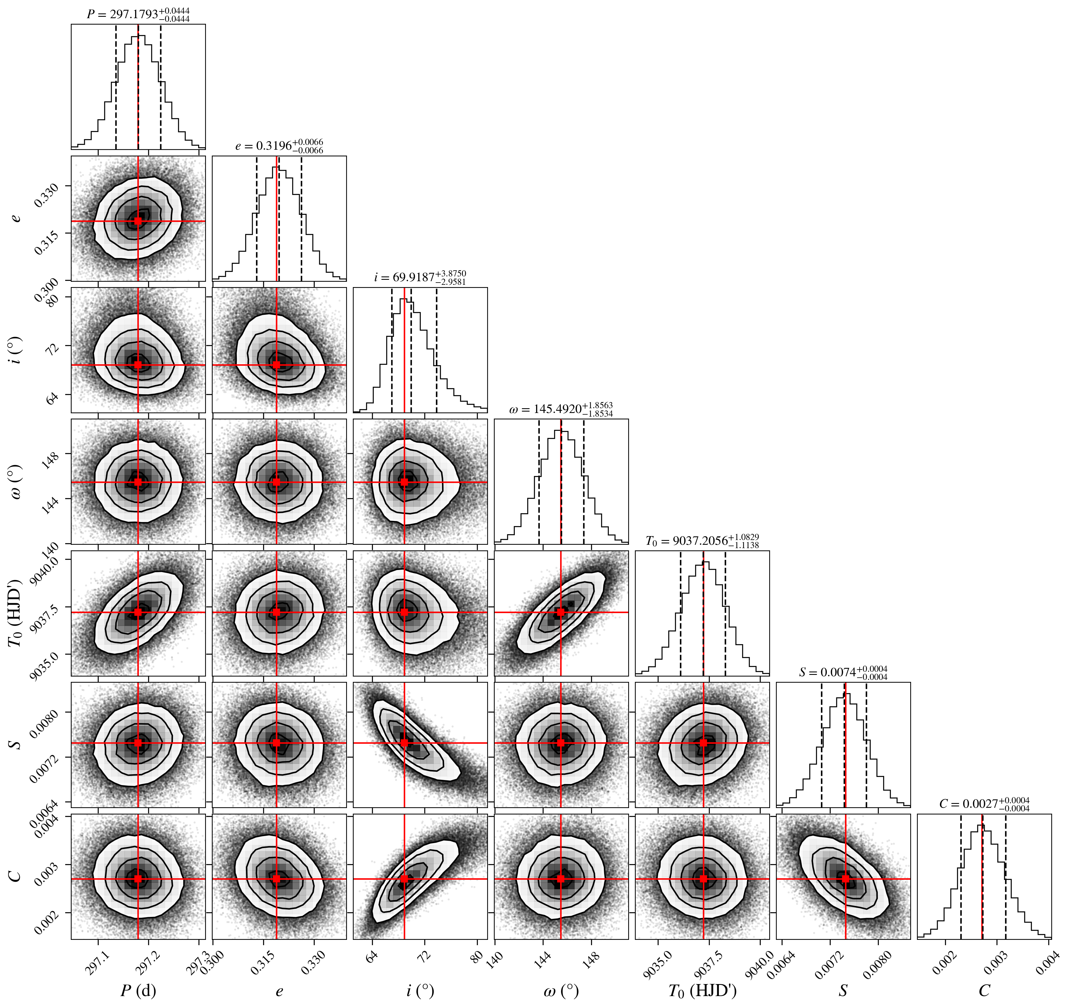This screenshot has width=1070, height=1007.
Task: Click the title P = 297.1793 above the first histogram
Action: coord(138,15)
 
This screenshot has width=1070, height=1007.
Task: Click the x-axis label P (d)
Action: coord(138,990)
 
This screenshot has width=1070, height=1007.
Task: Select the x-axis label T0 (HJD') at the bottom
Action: coord(702,990)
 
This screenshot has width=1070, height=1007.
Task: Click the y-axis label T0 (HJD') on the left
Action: coord(16,612)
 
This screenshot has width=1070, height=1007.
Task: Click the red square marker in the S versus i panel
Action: coord(404,743)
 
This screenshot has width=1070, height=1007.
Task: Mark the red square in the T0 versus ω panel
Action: coord(561,612)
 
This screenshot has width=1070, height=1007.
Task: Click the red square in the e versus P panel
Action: coord(138,221)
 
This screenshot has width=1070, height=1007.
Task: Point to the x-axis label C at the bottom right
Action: coord(984,990)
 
